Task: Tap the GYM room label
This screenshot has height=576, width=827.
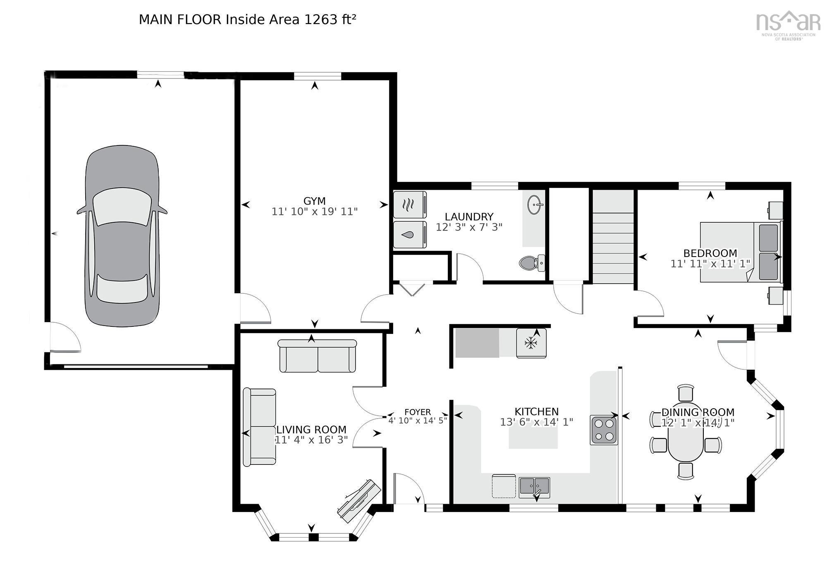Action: pyautogui.click(x=314, y=201)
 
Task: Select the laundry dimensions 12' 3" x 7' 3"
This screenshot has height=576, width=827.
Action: pyautogui.click(x=468, y=227)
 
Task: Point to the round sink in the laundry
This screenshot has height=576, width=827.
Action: pyautogui.click(x=535, y=205)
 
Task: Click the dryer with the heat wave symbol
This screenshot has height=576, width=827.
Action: pyautogui.click(x=409, y=205)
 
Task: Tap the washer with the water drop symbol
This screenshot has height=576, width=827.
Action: pyautogui.click(x=409, y=235)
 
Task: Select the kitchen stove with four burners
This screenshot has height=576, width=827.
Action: pyautogui.click(x=604, y=430)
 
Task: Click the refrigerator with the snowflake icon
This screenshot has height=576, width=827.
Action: pyautogui.click(x=531, y=343)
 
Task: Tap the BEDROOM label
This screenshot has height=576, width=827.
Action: pyautogui.click(x=710, y=253)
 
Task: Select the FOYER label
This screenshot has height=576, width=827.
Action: pyautogui.click(x=418, y=412)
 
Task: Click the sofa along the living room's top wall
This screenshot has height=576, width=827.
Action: pyautogui.click(x=317, y=356)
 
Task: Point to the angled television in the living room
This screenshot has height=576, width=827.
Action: pyautogui.click(x=359, y=498)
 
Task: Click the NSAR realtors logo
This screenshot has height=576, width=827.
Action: pyautogui.click(x=788, y=25)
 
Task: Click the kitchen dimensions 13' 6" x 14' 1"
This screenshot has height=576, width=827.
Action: pyautogui.click(x=536, y=422)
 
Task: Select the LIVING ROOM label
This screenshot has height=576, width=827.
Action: pyautogui.click(x=311, y=430)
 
